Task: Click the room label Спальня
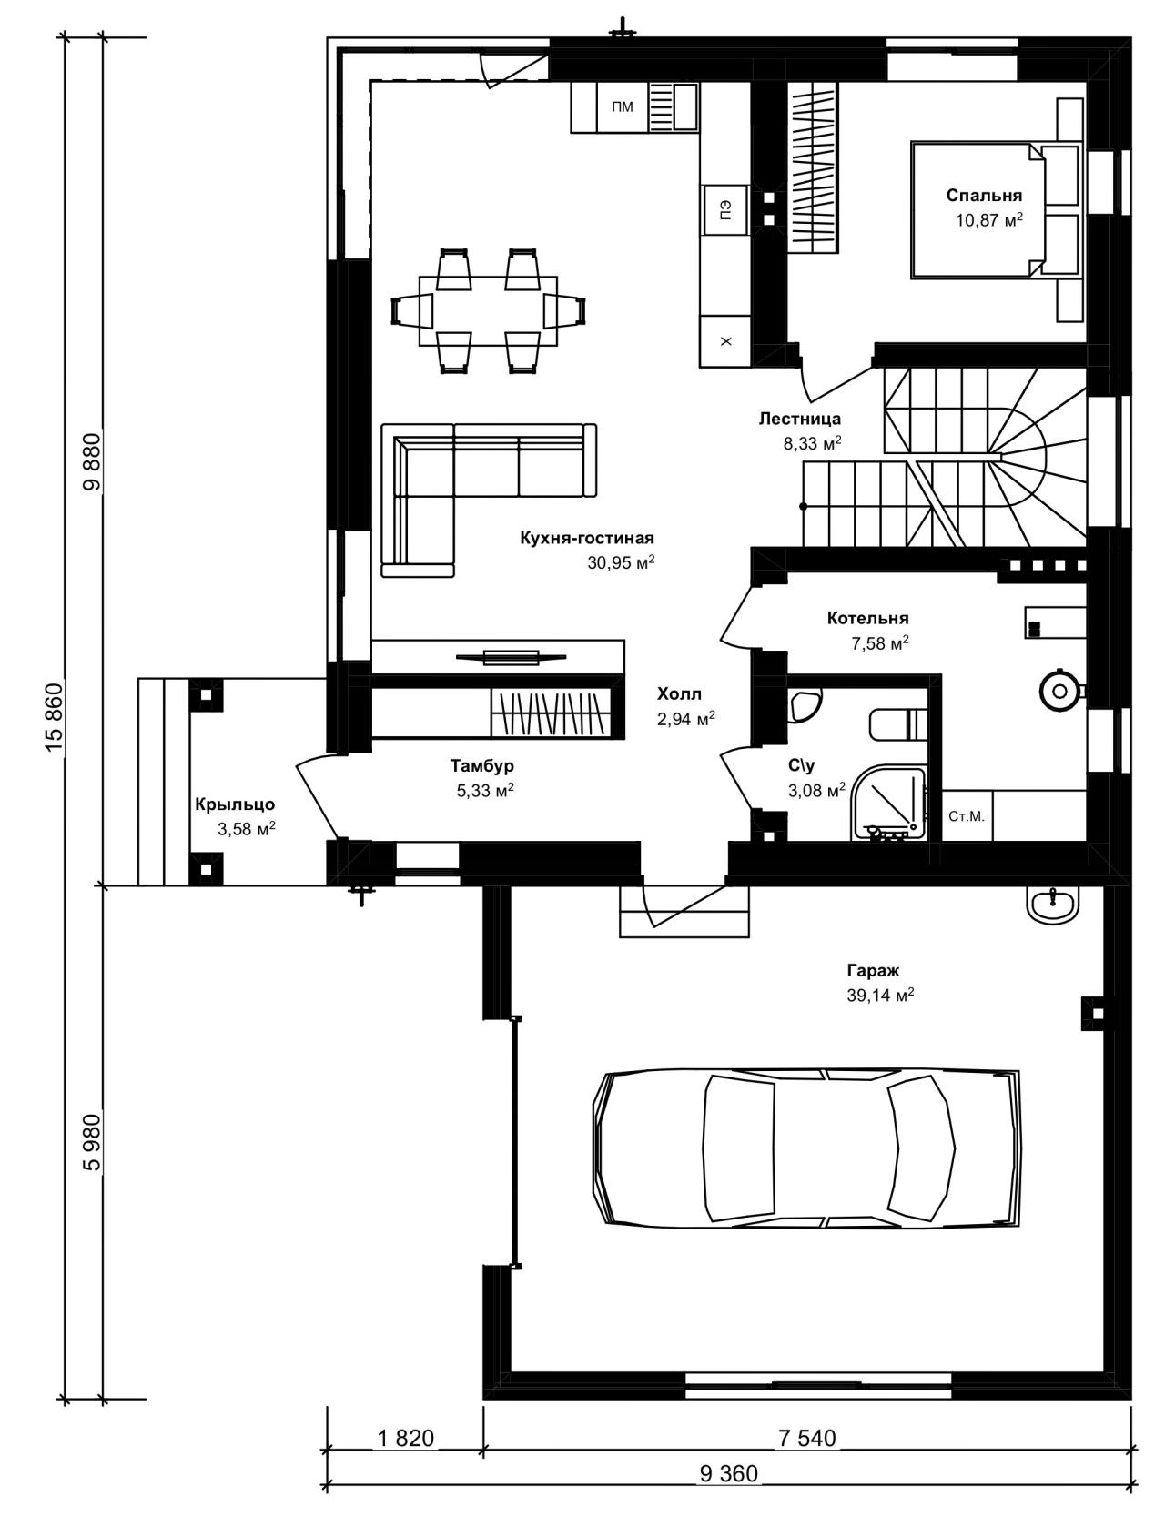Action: point(984,196)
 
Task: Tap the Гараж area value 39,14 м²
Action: point(880,994)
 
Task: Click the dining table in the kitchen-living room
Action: point(488,310)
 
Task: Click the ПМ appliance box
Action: point(623,107)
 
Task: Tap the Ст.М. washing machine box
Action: point(967,816)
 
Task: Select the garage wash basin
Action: point(1054,905)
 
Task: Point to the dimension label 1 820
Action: point(405,1438)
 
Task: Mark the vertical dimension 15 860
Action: point(55,717)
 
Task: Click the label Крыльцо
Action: point(235,804)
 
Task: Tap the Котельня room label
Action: point(867,618)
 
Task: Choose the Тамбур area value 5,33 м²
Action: point(485,790)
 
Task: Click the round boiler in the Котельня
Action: point(1059,691)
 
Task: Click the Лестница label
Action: point(800,419)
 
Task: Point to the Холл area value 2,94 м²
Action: point(685,719)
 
